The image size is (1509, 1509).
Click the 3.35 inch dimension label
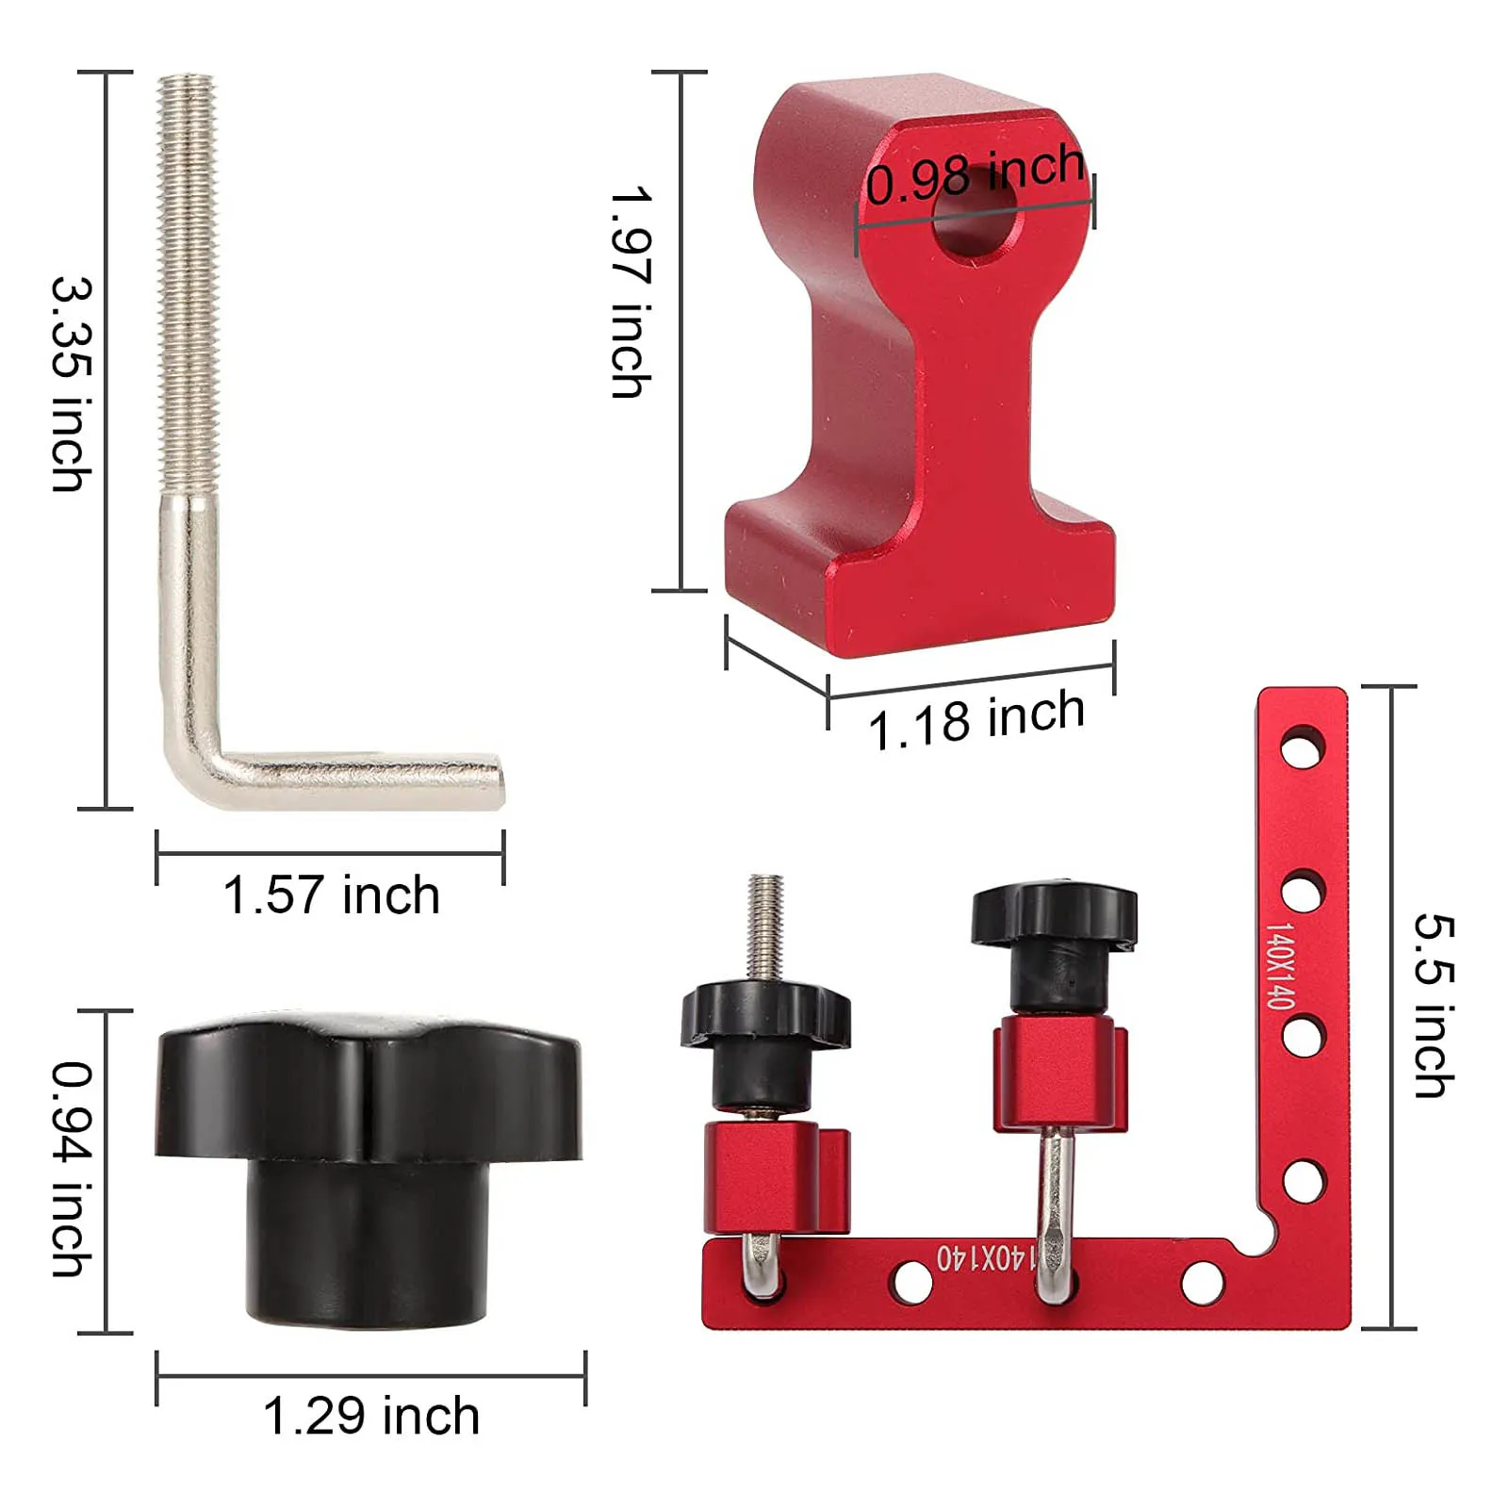73,385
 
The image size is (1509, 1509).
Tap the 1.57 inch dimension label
331,894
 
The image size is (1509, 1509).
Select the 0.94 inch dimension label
73,1170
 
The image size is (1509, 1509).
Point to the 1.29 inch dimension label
371,1416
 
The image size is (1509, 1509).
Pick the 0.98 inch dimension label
976,175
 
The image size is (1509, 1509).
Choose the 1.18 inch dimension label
976,719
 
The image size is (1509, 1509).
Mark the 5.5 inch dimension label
1435,1006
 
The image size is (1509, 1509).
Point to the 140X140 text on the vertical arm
1279,965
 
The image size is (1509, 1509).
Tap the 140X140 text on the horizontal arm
985,1258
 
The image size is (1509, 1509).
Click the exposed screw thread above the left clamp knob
765,928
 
